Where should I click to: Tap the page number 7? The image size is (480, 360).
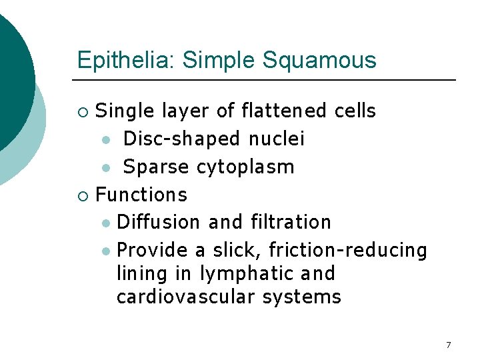pyautogui.click(x=448, y=345)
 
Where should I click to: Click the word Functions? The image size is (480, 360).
pyautogui.click(x=141, y=195)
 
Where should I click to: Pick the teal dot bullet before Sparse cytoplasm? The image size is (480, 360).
pyautogui.click(x=106, y=167)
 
